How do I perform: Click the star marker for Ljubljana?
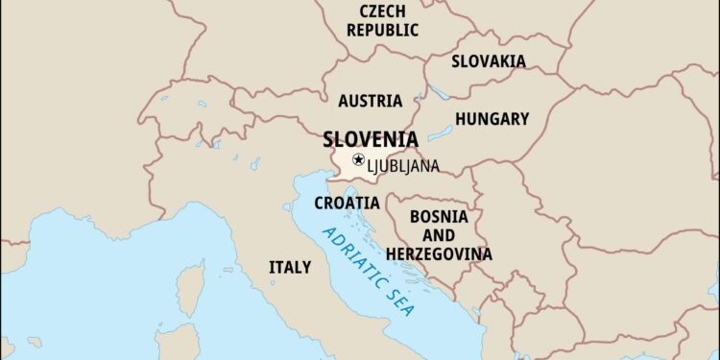pos(358,159)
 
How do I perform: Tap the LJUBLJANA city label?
pos(402,166)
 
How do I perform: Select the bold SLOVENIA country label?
pos(370,138)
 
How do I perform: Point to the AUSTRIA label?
pos(370,101)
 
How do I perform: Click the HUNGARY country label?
pos(492,119)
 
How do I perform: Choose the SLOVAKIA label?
pos(489,61)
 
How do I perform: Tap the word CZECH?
pos(382,12)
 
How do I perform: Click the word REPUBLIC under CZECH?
pos(382,30)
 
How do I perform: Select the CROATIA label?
pos(347,203)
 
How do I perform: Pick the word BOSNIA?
pos(439,217)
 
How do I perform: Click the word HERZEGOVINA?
pos(439,254)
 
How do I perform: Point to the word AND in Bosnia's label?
pos(439,235)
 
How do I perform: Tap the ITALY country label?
pos(289,267)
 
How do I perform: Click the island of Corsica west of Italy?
pos(191,287)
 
